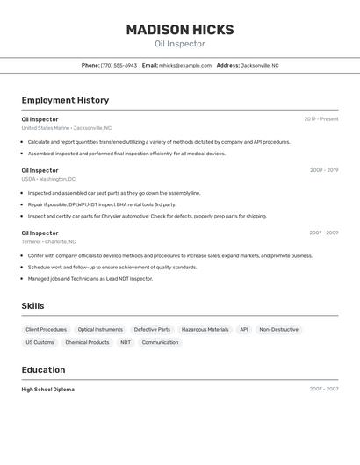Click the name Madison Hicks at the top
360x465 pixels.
coord(180,30)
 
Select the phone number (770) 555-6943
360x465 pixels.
coord(119,65)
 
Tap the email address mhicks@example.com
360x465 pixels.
coord(184,65)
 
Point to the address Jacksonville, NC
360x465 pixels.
coord(260,65)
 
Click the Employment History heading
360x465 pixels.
coord(65,101)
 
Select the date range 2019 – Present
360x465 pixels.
coord(321,119)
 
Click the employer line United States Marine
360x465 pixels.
coord(66,128)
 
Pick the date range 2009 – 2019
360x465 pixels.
coord(324,170)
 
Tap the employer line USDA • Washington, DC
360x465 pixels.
coord(48,179)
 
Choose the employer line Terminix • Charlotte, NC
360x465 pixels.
coord(48,241)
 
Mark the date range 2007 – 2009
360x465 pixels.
coord(324,232)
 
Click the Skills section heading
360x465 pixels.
coord(32,306)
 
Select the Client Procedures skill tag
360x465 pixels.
coord(47,330)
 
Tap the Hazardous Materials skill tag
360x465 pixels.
coord(205,330)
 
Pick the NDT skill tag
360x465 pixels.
coord(126,343)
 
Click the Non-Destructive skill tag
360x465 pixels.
coord(278,330)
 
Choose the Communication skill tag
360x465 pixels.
coord(160,343)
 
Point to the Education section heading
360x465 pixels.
coord(43,370)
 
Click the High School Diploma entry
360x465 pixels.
coord(47,390)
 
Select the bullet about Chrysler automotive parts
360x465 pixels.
coord(147,216)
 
